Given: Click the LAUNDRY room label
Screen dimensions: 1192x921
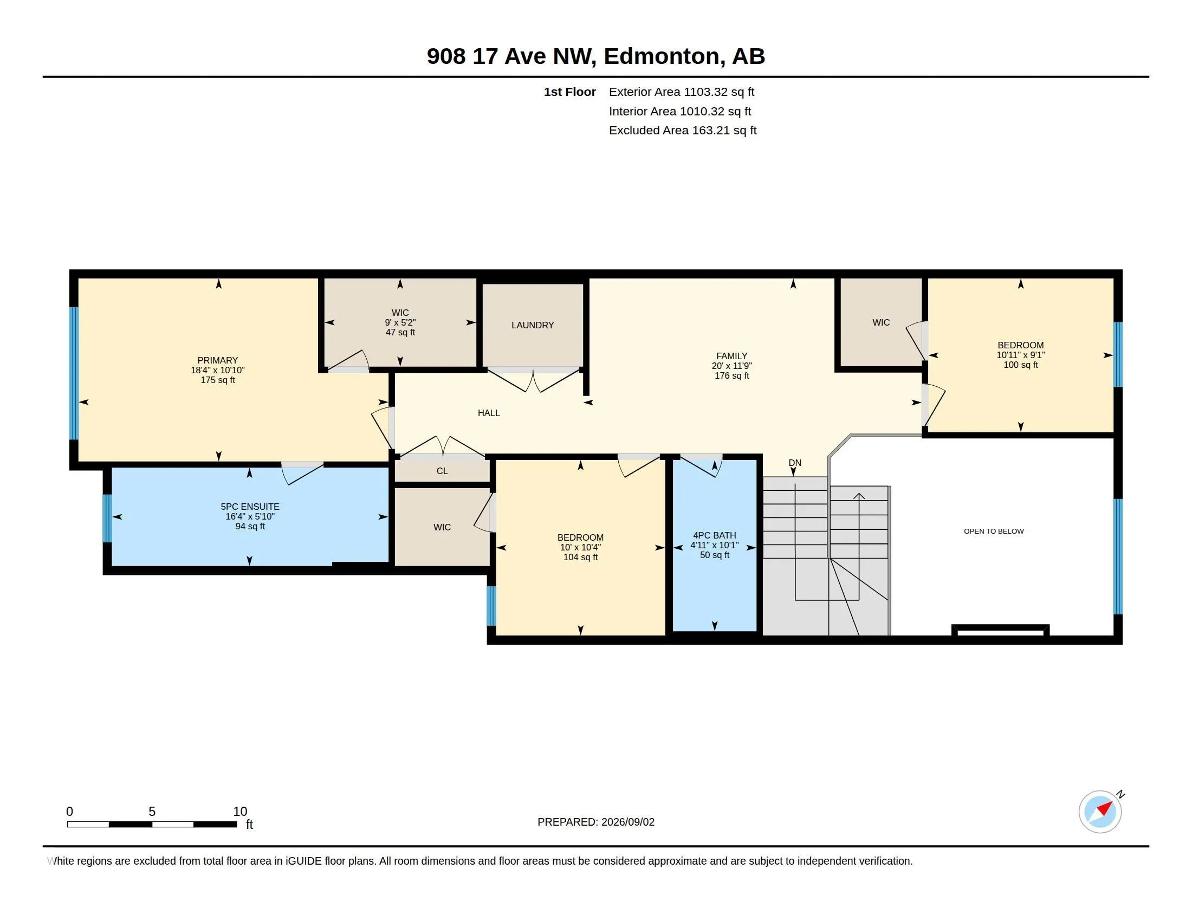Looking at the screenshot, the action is click(532, 325).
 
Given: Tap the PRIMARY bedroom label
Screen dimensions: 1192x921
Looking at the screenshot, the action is click(217, 360).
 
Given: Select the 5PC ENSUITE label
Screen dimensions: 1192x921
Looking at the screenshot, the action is click(250, 507).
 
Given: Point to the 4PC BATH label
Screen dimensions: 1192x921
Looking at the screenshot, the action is click(715, 535).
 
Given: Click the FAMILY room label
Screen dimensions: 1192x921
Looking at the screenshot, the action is click(731, 356).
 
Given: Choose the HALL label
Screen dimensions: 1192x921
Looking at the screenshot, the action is click(489, 413).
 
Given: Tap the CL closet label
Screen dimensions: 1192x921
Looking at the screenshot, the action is click(442, 471).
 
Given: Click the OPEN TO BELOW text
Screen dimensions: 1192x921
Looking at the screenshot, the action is click(993, 531).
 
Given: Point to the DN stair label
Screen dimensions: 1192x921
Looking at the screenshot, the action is click(795, 463).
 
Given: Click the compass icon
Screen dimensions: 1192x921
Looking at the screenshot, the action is click(1100, 812).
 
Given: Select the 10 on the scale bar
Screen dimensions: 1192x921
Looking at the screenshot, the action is click(240, 812).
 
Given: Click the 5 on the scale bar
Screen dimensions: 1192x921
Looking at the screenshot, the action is click(152, 812).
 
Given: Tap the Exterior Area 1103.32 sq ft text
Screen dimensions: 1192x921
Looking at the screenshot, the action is click(681, 92).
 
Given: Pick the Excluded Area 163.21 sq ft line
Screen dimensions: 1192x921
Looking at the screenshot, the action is click(683, 131).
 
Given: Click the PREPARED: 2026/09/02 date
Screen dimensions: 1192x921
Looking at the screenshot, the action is click(596, 822).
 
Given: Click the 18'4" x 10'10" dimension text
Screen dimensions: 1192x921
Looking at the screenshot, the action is click(217, 370).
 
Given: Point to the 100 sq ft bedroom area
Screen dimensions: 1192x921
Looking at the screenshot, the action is click(1021, 365).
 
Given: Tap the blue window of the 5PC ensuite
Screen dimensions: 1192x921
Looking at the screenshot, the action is click(107, 518).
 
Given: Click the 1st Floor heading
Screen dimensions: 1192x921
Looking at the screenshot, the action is click(569, 92).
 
